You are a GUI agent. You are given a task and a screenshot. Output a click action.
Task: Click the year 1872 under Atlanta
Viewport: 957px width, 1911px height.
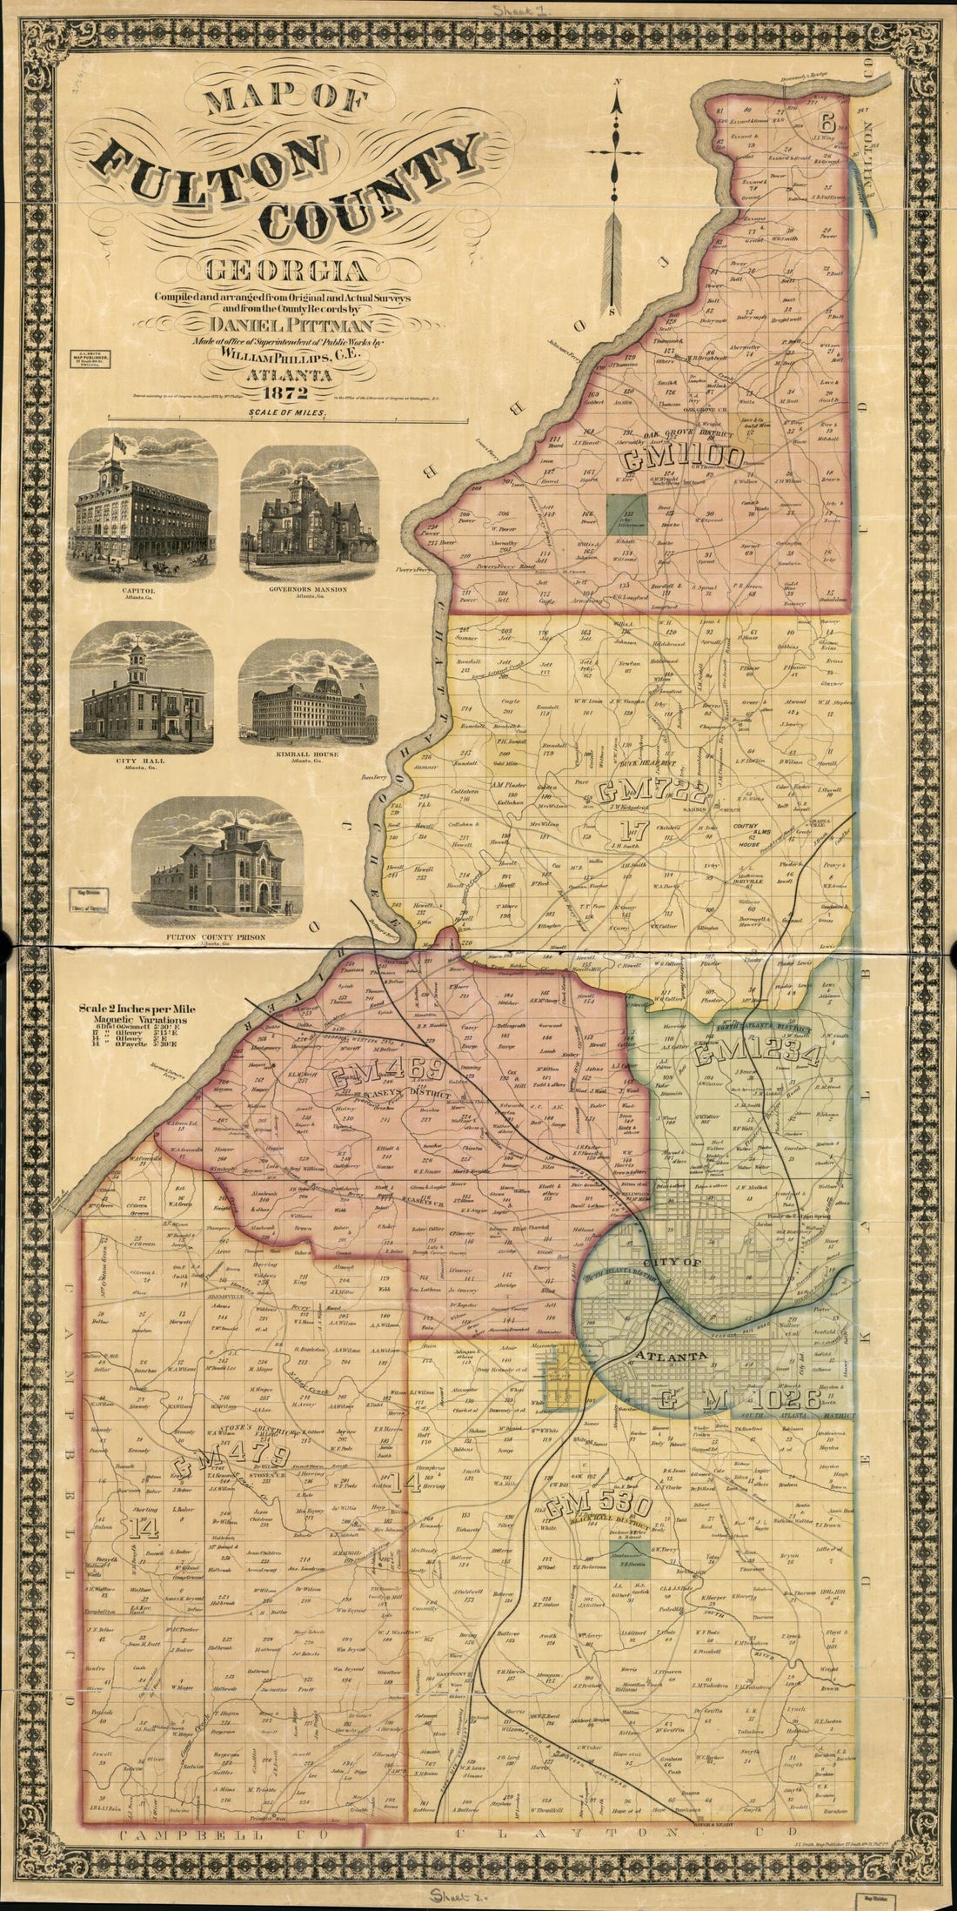[285, 390]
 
